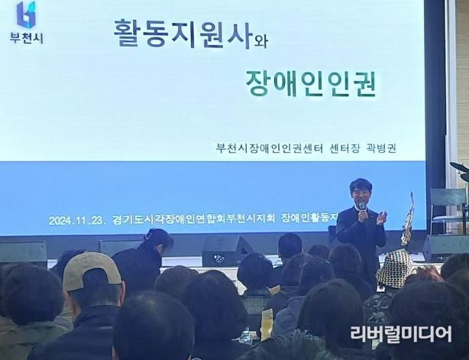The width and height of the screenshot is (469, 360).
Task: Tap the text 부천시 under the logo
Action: tap(26, 37)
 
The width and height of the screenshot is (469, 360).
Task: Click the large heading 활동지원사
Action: tap(182, 33)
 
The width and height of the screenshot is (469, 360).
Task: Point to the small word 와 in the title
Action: tap(260, 41)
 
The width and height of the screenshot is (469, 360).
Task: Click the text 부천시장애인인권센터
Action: tap(270, 148)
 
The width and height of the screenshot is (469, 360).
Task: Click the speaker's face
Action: tap(360, 194)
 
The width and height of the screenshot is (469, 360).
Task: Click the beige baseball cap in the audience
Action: tap(92, 271)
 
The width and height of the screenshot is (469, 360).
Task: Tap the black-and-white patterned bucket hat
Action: tap(395, 268)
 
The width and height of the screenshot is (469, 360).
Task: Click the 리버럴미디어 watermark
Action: tap(401, 334)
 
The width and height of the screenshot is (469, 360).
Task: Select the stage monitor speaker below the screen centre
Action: tap(226, 251)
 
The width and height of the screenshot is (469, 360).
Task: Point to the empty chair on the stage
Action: tap(448, 209)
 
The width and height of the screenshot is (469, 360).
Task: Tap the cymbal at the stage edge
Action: tap(459, 167)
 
